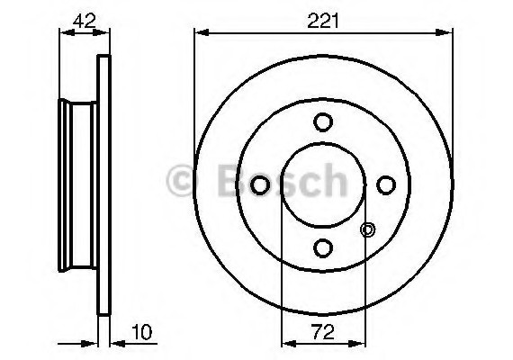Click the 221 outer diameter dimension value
321,20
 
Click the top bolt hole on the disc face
323,121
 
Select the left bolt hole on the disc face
260,184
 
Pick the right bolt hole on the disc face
386,184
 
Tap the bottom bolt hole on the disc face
323,247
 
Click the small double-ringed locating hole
366,229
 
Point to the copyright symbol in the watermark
180,184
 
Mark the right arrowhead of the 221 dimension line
446,33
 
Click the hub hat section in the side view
77,185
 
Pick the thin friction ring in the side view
103,185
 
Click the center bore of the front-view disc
323,184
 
